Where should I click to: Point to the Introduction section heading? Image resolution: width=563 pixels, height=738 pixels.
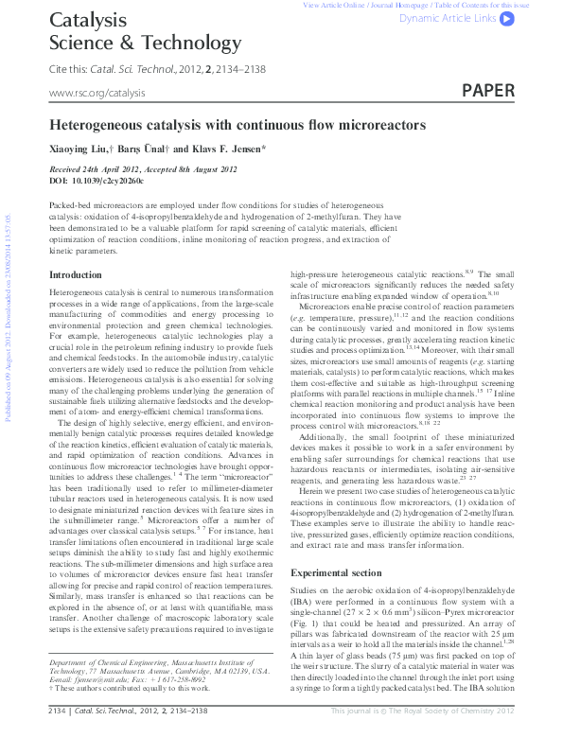click(75, 274)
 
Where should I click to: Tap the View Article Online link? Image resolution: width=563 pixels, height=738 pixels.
click(336, 6)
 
